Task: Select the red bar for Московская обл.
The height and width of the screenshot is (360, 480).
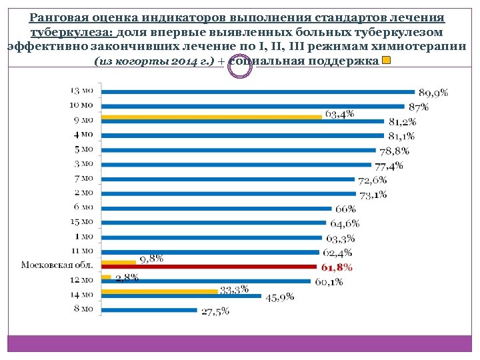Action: tap(208, 267)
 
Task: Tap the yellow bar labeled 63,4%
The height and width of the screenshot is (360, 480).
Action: tap(211, 116)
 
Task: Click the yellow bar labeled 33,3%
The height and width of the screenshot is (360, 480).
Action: tap(159, 291)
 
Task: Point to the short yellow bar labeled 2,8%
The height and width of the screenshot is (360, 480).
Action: tap(106, 277)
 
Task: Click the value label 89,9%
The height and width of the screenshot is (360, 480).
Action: tap(433, 93)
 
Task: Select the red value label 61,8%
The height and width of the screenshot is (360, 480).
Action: tap(337, 267)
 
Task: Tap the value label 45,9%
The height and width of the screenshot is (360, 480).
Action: tap(280, 297)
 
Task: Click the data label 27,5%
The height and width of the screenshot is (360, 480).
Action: tap(215, 311)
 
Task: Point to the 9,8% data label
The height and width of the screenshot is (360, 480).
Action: tap(151, 259)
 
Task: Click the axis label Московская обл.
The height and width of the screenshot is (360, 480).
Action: tap(57, 265)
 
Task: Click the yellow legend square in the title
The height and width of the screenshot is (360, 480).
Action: tap(386, 61)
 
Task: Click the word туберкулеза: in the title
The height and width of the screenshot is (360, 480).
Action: tap(67, 32)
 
